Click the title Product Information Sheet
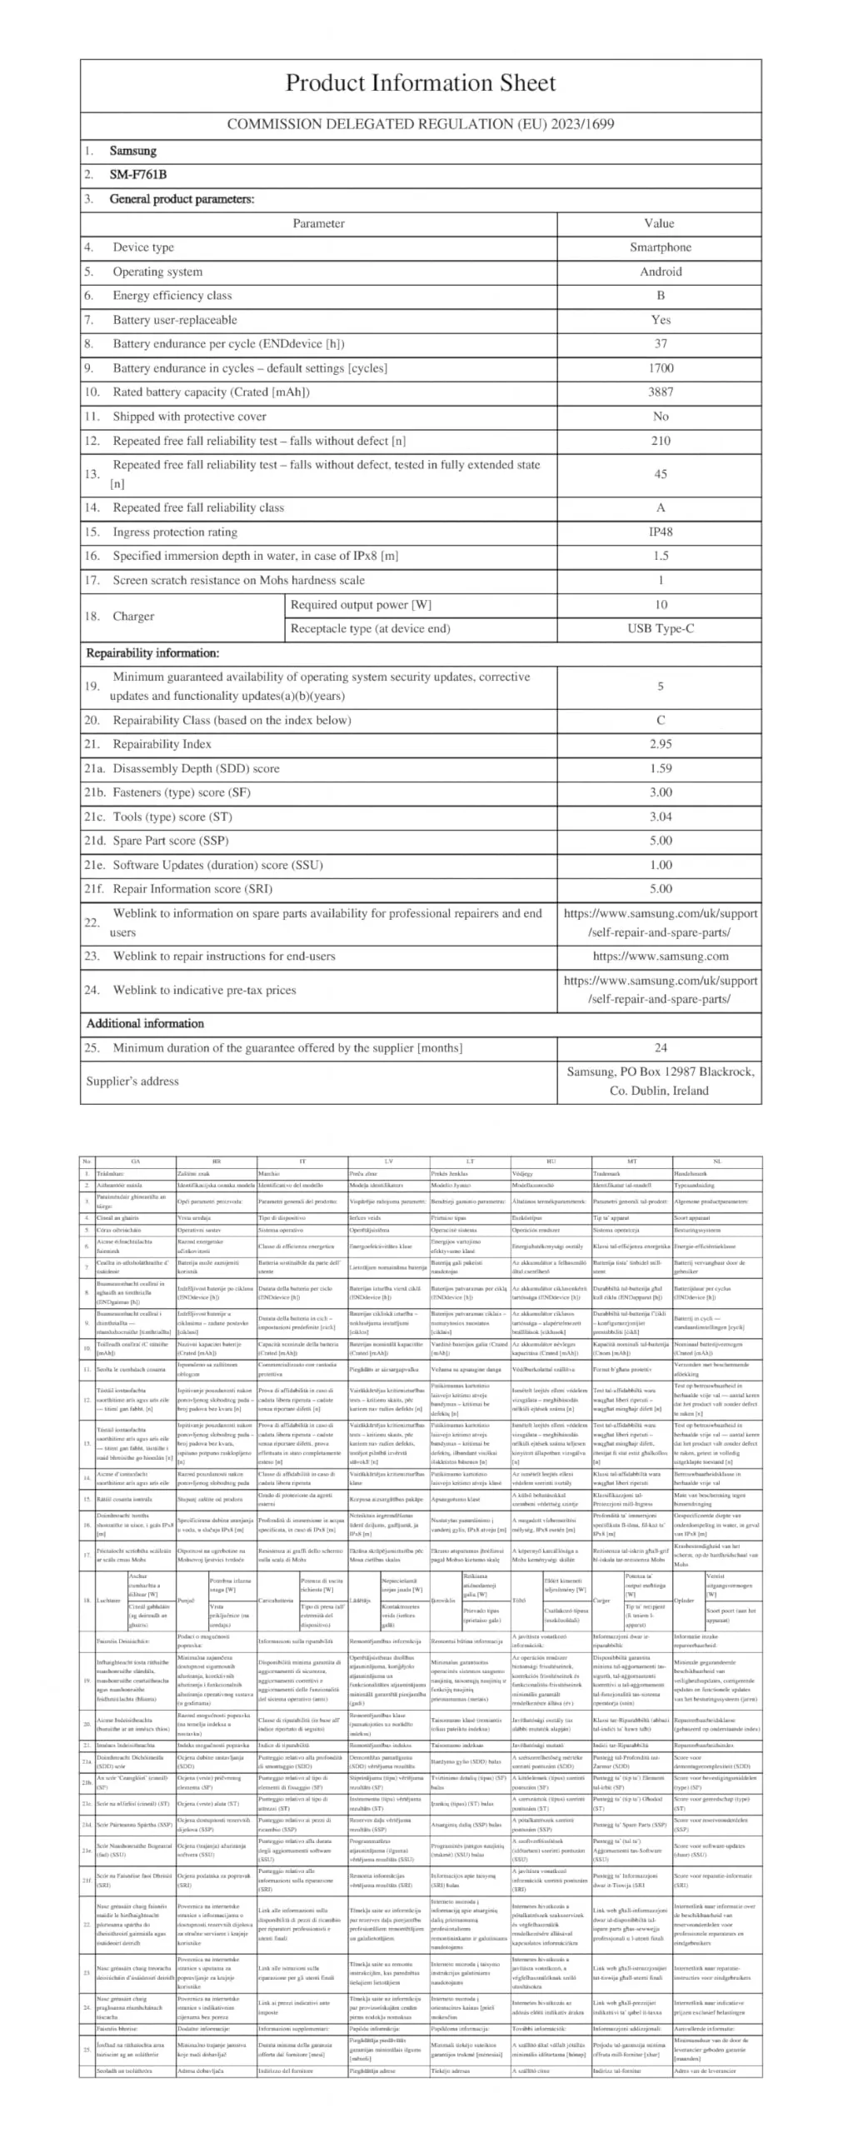pos(421,83)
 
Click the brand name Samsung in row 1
pos(132,151)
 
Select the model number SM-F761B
pos(137,175)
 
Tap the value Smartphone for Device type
pos(660,247)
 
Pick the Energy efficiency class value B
pos(660,296)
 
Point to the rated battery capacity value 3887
pos(660,392)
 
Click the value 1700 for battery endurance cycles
pos(660,368)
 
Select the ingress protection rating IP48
pos(660,532)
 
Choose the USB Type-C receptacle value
pos(660,629)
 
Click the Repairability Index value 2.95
pos(660,744)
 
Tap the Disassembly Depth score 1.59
pos(660,768)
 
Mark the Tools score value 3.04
pos(660,817)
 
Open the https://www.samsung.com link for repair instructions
pos(660,957)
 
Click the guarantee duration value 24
pos(660,1048)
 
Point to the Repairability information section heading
pos(152,653)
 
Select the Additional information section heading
pos(145,1024)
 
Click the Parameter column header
pos(318,223)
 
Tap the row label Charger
pos(133,617)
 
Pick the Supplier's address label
pos(132,1081)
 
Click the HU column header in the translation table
pos(551,1161)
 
